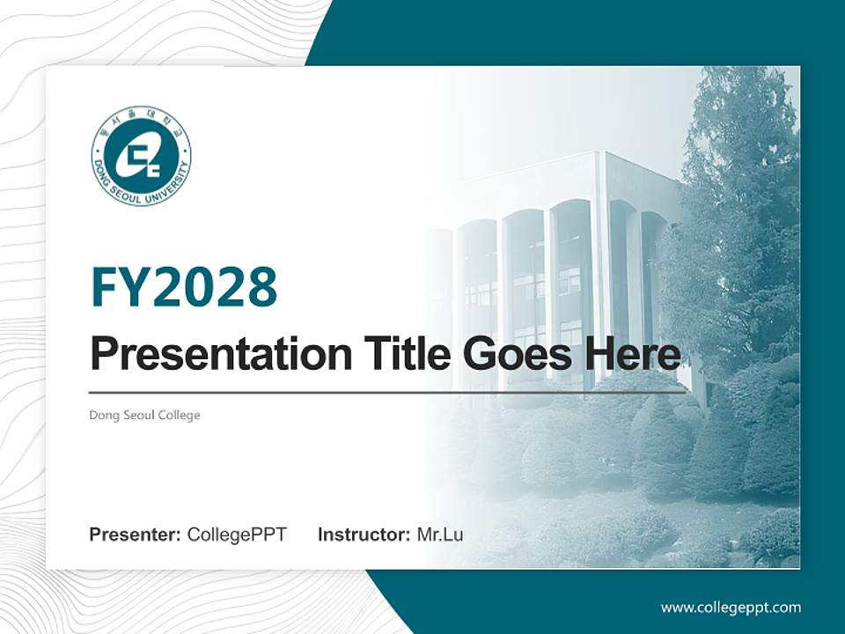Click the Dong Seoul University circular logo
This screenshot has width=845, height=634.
pos(141,156)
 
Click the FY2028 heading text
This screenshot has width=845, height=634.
pos(184,286)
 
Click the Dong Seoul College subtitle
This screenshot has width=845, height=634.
pos(145,415)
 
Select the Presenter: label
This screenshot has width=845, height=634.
pos(136,534)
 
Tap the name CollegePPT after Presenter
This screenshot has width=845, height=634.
pos(237,534)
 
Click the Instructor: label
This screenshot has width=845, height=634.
pos(364,534)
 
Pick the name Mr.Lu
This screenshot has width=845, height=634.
pos(440,534)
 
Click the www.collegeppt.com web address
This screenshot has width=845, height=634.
pos(731,608)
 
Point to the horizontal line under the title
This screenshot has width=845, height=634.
pos(387,392)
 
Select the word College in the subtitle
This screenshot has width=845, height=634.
pos(180,415)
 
